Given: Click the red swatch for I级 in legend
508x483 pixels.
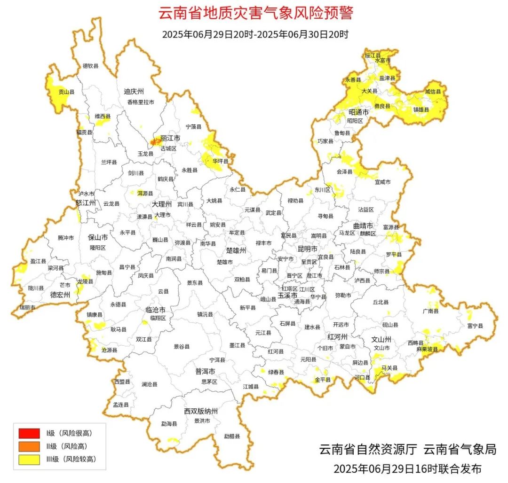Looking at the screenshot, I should (x=29, y=433).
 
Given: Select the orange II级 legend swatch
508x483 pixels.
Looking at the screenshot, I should (x=29, y=446).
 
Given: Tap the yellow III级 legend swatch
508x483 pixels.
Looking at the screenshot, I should (x=29, y=460).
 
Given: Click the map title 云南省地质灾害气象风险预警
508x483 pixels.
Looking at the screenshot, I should (x=255, y=13).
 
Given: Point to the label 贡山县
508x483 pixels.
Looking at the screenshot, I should (x=66, y=93).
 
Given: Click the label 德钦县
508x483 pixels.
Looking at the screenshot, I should (x=91, y=66).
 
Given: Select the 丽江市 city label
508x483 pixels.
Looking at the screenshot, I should (x=170, y=139).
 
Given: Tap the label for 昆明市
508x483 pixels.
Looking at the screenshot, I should (x=308, y=248).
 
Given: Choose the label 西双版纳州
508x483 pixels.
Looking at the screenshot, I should (x=201, y=411).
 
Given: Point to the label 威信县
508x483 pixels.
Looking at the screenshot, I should (x=433, y=92).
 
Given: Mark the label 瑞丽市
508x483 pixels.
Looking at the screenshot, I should (x=27, y=307).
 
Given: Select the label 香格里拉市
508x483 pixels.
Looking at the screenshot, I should (x=140, y=102).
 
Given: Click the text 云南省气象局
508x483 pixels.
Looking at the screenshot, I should (x=460, y=449).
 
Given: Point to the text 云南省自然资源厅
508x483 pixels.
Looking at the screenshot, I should (x=368, y=449).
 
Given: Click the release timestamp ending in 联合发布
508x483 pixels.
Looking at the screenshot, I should (x=407, y=468).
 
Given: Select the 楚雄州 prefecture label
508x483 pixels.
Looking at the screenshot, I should (x=236, y=250).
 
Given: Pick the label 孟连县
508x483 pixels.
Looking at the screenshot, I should (x=121, y=404).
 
